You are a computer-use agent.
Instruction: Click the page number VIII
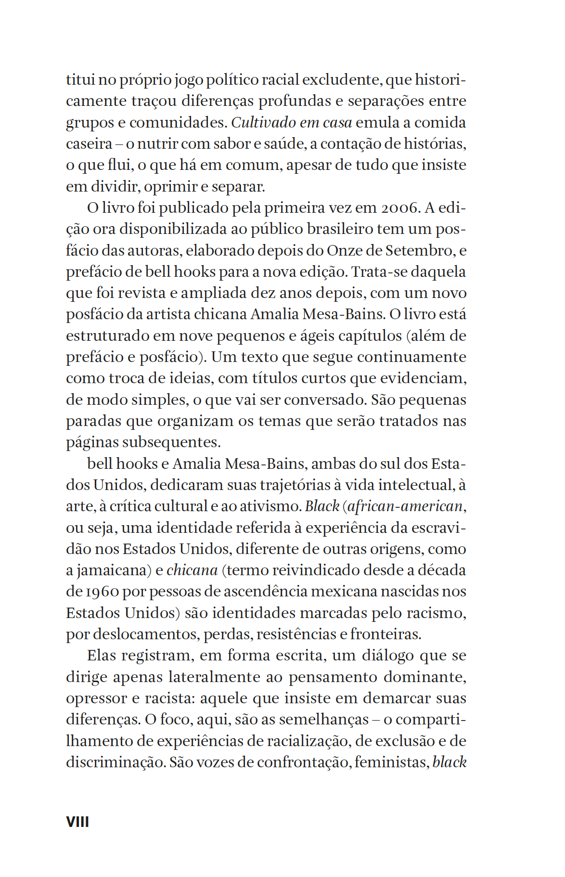tap(77, 822)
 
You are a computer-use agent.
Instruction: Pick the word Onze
tap(344, 251)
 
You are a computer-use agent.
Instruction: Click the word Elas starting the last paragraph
tap(102, 656)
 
